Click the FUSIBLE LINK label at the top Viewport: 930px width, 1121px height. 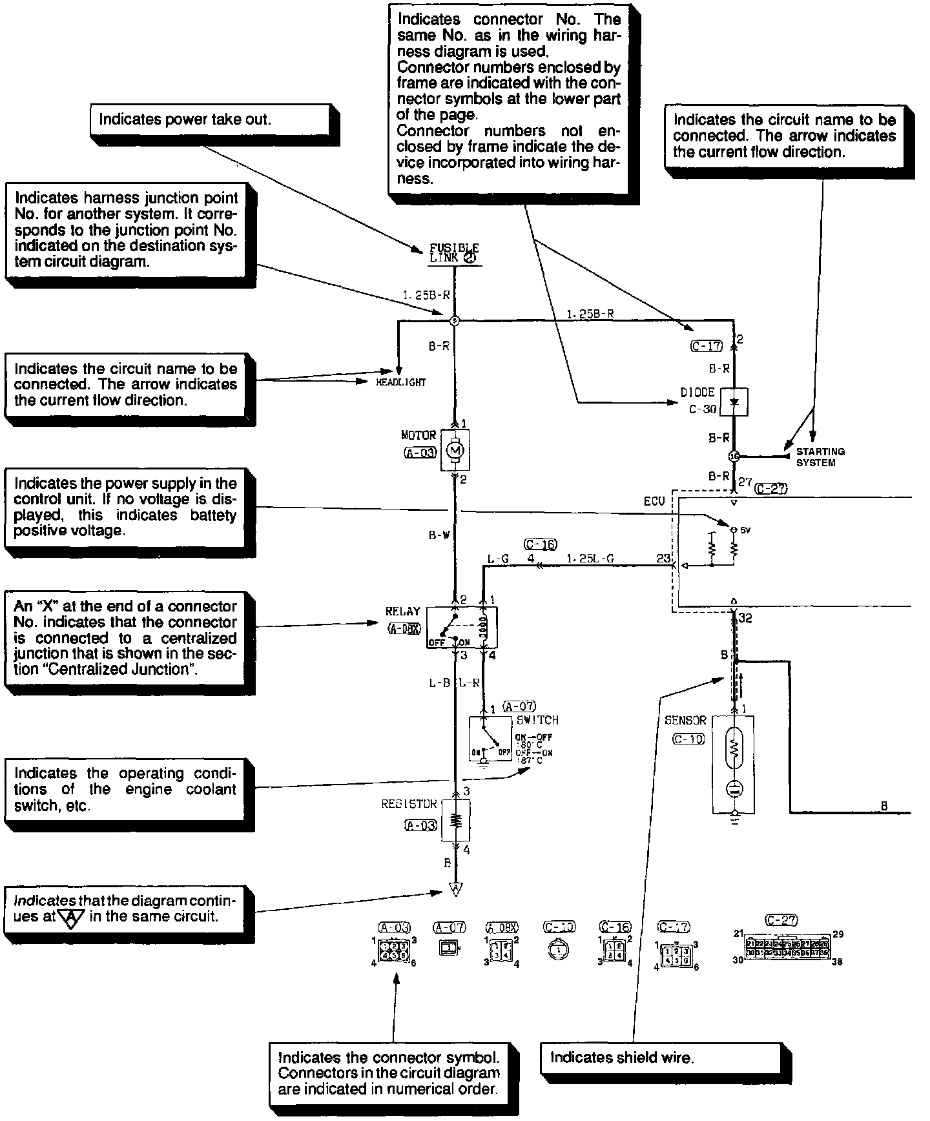point(454,252)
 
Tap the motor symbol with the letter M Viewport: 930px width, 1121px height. point(455,448)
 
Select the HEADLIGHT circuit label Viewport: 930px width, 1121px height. point(401,382)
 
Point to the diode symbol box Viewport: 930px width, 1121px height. point(734,401)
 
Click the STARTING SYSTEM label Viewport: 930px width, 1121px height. point(820,457)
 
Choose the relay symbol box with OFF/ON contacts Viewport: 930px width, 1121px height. point(462,626)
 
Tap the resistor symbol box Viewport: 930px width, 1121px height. point(456,820)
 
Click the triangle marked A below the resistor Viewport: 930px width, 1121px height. point(455,890)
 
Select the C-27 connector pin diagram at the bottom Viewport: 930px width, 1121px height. point(787,948)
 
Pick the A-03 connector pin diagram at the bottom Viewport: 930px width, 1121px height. point(394,950)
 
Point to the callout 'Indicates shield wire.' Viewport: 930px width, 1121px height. point(659,1058)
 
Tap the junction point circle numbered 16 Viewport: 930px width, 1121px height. point(734,456)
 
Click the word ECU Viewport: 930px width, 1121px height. point(654,501)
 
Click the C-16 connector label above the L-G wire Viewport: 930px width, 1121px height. point(541,544)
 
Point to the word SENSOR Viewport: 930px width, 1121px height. point(685,720)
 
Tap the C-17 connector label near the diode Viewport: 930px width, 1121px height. point(705,346)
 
